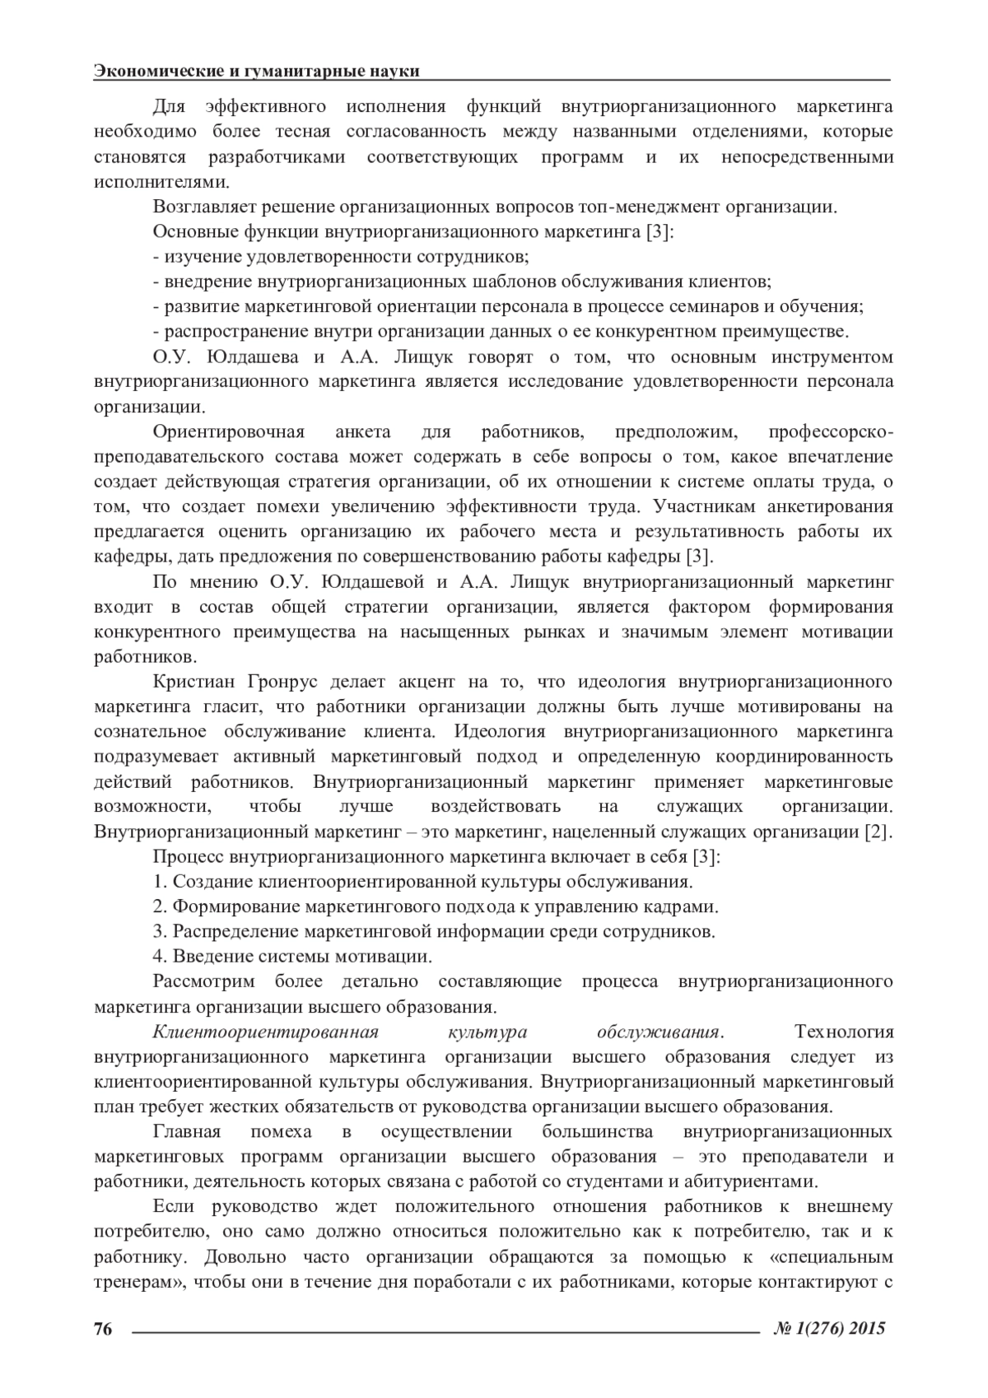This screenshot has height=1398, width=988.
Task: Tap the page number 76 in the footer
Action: [103, 1329]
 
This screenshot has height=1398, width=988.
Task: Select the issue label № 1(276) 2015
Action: [830, 1329]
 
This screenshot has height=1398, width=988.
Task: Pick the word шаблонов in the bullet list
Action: [516, 282]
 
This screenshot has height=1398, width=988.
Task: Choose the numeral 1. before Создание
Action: [160, 882]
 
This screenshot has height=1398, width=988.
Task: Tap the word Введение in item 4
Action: [208, 957]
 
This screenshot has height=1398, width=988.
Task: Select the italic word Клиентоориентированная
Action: [265, 1032]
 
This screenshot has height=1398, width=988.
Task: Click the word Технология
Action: [843, 1032]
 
